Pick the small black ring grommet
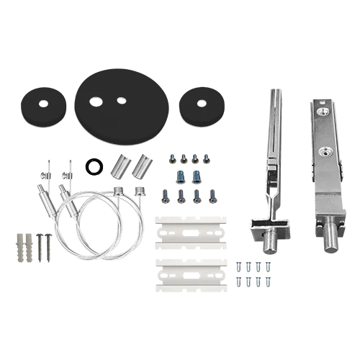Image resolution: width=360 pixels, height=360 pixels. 92,166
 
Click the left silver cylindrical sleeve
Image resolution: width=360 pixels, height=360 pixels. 120,168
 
